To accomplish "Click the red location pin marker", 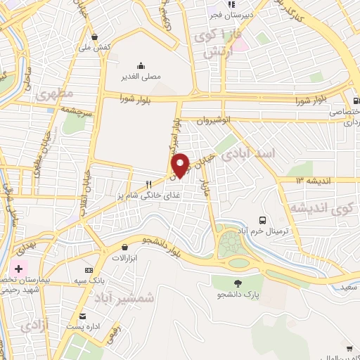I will click(x=181, y=165).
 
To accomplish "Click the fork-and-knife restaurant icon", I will click(x=148, y=185).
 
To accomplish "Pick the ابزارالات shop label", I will click(x=124, y=257).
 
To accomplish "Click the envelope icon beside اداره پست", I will click(x=83, y=316).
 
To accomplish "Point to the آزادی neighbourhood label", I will click(x=34, y=326).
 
